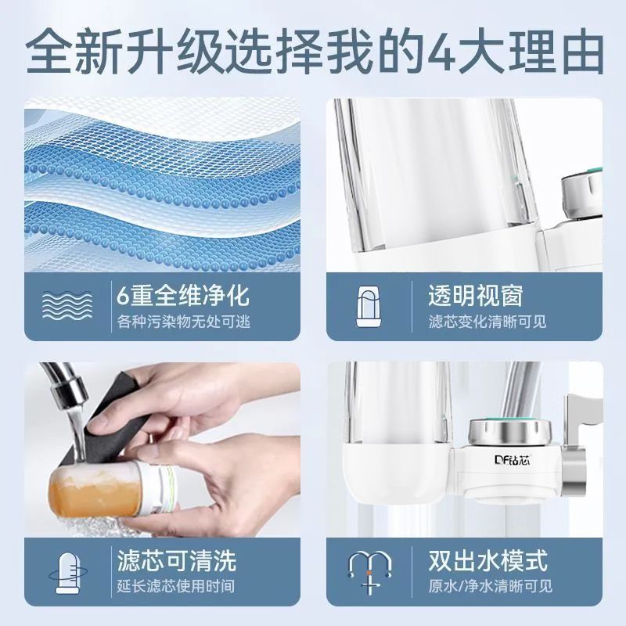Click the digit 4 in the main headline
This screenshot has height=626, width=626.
[x=442, y=55]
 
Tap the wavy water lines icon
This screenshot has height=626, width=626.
[x=67, y=307]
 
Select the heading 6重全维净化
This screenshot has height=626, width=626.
[x=183, y=296]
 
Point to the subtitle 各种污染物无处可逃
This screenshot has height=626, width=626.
[x=184, y=322]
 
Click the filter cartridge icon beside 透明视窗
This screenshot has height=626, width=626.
[x=368, y=306]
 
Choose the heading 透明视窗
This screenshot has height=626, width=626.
[x=475, y=296]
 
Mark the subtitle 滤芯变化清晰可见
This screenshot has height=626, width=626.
[x=487, y=322]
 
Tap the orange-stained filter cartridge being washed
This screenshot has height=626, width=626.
[x=112, y=493]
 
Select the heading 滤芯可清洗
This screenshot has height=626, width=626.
[x=177, y=560]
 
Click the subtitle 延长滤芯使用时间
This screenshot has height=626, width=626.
[x=175, y=586]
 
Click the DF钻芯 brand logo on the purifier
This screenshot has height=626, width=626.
[x=512, y=460]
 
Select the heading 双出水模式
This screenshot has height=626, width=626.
[x=487, y=560]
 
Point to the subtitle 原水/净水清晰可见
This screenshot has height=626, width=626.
[x=491, y=586]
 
